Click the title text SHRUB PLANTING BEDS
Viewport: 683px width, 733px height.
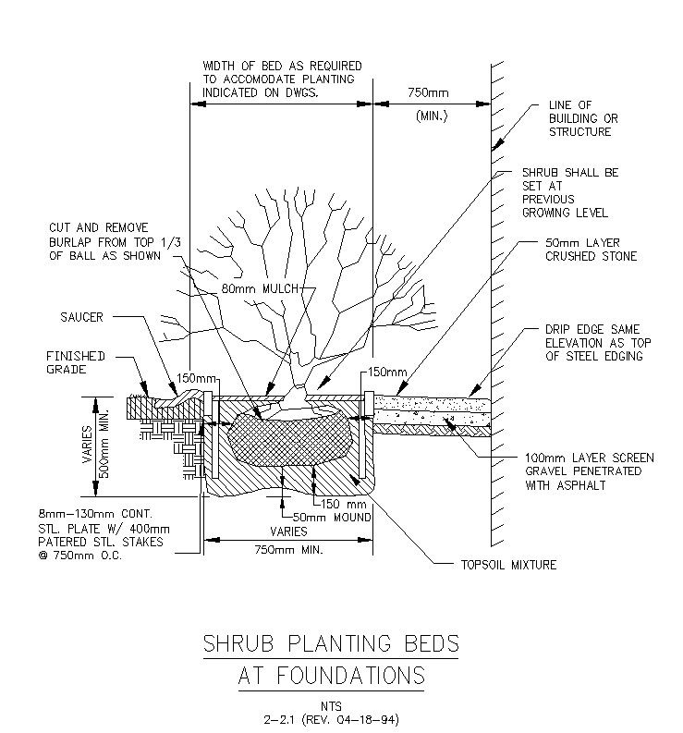[330, 643]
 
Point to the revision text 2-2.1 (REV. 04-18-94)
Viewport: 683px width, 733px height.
[331, 718]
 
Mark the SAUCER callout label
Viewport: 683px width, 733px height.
[82, 317]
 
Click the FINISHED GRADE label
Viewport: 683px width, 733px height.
[77, 362]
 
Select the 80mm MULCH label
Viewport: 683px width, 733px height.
[260, 289]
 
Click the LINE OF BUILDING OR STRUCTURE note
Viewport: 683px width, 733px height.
[583, 118]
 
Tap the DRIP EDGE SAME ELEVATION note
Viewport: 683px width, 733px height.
[592, 343]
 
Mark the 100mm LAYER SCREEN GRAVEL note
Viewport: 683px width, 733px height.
[589, 470]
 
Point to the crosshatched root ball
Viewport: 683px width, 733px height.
[290, 438]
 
